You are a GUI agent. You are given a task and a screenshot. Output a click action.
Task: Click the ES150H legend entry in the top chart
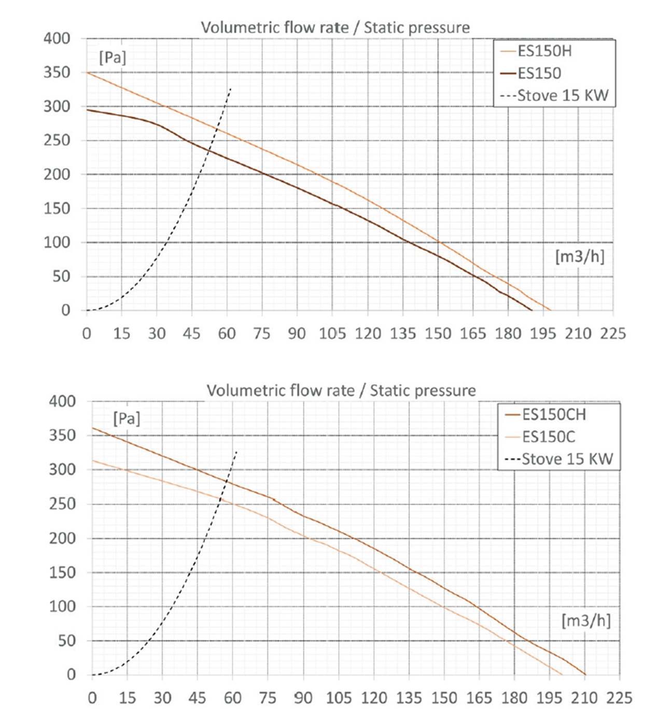coord(544,51)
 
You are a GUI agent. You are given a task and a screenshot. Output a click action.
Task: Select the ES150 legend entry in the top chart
coord(539,73)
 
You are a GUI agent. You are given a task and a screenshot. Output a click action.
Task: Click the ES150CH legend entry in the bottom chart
coord(554,414)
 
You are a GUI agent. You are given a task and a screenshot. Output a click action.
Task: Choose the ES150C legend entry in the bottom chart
coord(549,437)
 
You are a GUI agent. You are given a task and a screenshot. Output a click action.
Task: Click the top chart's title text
coord(335,27)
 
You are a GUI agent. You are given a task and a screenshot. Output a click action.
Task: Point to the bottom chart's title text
coord(341,390)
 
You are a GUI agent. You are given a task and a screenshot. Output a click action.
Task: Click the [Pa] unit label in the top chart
coord(113,57)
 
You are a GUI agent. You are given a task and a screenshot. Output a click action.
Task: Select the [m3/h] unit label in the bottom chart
coord(586,620)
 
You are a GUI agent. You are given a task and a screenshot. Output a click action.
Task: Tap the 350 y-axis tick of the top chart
coord(57,73)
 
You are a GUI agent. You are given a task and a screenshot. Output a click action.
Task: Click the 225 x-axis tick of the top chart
coord(613,333)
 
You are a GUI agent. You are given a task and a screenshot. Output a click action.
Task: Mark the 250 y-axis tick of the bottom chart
coord(62,504)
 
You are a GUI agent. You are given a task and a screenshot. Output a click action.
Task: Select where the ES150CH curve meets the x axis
coord(585,675)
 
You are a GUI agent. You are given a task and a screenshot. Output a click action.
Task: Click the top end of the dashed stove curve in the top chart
coord(231,89)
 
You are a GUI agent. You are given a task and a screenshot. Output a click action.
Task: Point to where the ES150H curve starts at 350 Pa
coord(87,73)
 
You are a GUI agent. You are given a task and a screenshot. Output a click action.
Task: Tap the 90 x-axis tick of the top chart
coord(297,333)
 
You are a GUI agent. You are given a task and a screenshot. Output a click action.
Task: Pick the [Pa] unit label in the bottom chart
coord(127,418)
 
